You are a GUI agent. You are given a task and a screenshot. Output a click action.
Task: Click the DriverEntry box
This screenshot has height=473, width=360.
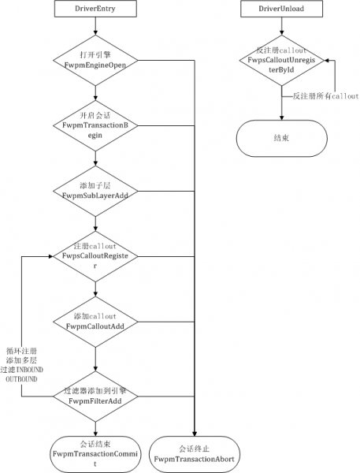point(95,9)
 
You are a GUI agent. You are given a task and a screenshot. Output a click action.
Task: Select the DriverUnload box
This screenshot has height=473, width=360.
point(281,9)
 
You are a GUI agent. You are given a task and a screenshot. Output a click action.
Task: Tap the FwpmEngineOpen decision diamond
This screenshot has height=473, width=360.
point(95,61)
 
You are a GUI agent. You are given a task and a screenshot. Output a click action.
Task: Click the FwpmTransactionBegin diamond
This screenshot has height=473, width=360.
point(95,125)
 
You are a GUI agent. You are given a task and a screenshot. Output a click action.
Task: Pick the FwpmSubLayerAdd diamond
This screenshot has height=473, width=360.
point(95,191)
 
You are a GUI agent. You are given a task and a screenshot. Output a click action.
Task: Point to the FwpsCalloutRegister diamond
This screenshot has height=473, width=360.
point(95,256)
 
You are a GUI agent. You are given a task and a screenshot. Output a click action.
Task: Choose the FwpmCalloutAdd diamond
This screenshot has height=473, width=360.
point(95,322)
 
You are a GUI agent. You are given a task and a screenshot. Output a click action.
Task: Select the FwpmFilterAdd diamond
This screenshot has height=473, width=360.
point(95,397)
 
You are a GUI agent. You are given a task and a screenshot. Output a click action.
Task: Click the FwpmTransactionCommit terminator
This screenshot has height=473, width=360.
point(95,454)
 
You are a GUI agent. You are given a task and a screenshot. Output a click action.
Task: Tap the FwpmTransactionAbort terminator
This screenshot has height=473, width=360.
point(195,454)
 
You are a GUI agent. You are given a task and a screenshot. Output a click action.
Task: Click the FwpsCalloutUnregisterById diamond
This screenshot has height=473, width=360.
point(281,61)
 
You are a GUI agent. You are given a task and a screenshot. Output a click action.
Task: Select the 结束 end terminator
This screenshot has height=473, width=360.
point(281,138)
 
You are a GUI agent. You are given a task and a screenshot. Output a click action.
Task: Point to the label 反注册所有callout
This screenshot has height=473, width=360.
point(325,96)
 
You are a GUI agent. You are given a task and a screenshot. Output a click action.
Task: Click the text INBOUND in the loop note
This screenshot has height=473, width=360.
point(30,370)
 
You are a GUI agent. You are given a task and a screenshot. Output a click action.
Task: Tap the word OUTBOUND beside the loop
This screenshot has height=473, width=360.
point(21,379)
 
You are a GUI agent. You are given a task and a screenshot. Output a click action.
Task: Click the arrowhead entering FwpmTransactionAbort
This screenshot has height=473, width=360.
point(195,434)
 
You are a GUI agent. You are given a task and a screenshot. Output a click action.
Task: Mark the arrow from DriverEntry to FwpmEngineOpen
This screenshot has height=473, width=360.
point(95,26)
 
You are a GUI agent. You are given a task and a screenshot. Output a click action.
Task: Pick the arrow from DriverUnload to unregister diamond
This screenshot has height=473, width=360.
point(281,26)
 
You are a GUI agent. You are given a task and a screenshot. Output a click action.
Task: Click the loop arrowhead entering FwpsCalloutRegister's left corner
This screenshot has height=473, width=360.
point(50,256)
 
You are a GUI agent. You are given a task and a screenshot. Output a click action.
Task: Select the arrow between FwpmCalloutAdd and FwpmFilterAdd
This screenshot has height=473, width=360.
point(95,359)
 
